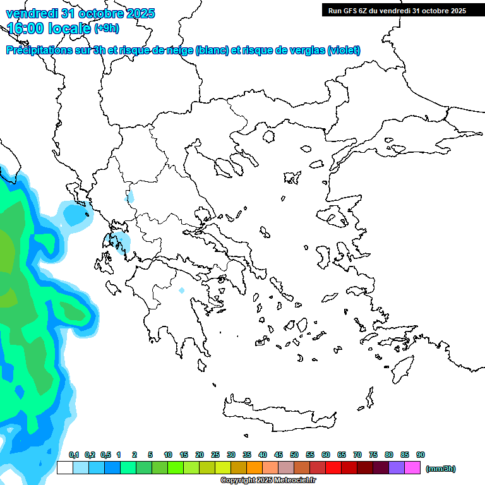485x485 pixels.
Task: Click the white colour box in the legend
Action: [x=64, y=468]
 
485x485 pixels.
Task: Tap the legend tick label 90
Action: [x=421, y=455]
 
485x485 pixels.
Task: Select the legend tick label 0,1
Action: [x=74, y=455]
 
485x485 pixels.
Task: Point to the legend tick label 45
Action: [x=278, y=455]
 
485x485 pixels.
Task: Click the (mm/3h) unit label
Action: [x=441, y=469]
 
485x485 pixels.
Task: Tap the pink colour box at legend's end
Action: [x=412, y=468]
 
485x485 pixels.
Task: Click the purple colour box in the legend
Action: [x=397, y=468]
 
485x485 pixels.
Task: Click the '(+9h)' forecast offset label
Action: [x=106, y=28]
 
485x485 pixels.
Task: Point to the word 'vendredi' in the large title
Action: [x=30, y=13]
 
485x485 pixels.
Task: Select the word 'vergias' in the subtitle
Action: [x=309, y=51]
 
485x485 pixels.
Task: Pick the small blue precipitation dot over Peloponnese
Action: [x=182, y=290]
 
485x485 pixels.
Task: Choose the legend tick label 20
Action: [x=200, y=455]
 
